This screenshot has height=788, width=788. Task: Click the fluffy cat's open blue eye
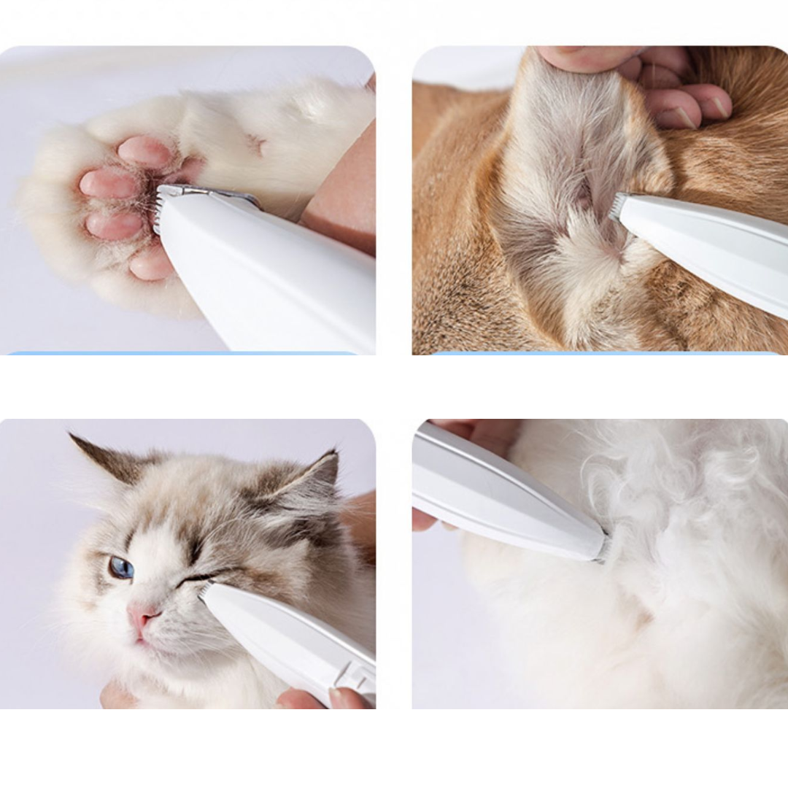(121, 568)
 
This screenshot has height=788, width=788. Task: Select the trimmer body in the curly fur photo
(503, 496)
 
